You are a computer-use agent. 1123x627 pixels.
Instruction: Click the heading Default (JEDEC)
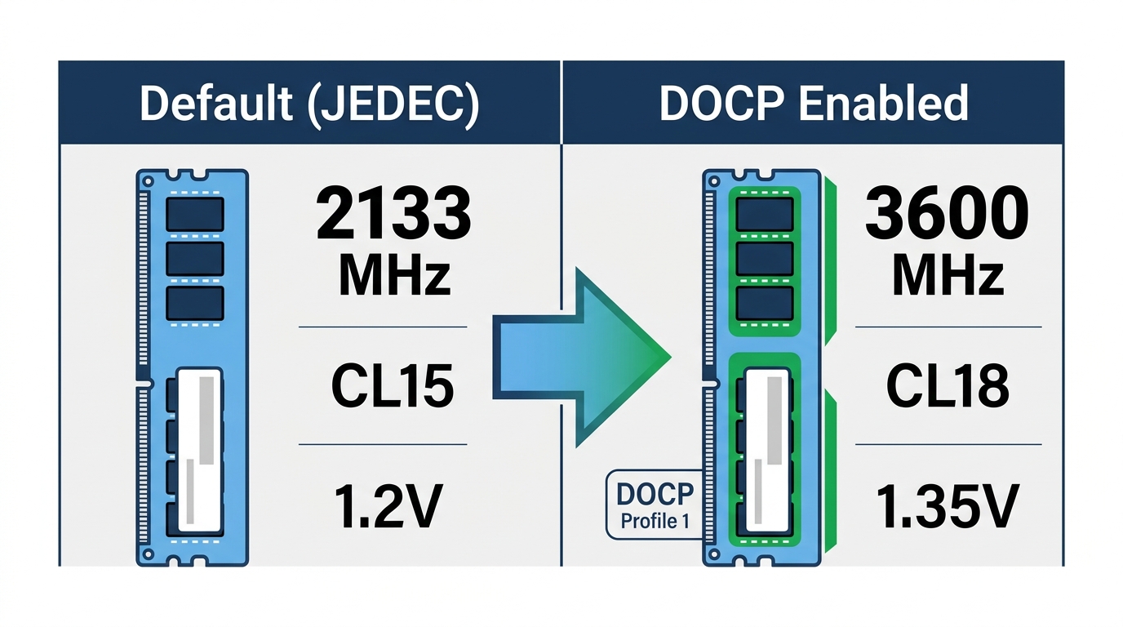(x=309, y=103)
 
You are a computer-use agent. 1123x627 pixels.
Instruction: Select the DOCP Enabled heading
(x=814, y=103)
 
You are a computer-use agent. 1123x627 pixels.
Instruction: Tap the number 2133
(x=393, y=214)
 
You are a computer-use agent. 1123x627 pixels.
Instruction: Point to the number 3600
(x=947, y=214)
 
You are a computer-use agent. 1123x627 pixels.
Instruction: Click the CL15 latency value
(x=393, y=385)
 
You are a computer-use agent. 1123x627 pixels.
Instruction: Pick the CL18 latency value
(x=948, y=385)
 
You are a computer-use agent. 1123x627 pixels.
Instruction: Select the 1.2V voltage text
(x=388, y=505)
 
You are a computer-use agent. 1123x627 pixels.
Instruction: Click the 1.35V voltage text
(x=948, y=505)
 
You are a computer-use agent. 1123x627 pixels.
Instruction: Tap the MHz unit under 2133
(x=394, y=277)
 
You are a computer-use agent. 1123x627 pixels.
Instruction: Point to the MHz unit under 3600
(x=948, y=277)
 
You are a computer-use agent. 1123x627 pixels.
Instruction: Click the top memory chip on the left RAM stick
(x=195, y=213)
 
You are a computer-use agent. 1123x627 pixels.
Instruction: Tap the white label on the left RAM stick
(x=200, y=450)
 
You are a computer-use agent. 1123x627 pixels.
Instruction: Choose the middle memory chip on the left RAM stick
(x=195, y=258)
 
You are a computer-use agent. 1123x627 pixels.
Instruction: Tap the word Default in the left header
(x=215, y=103)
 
